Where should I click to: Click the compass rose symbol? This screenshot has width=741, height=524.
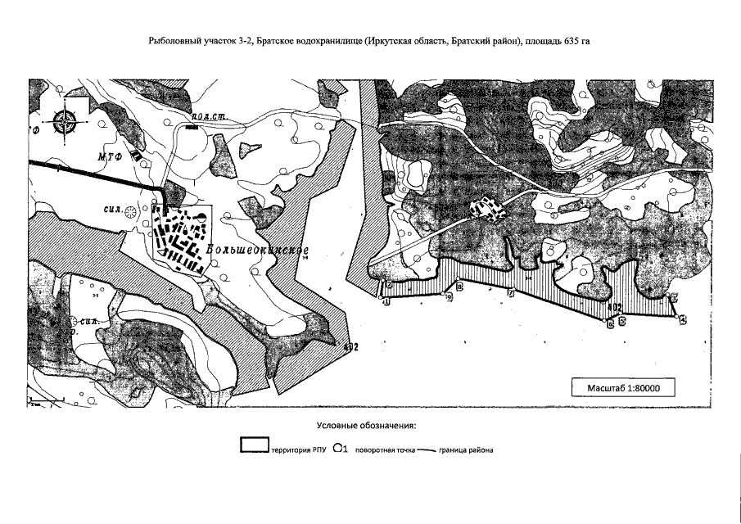(63, 123)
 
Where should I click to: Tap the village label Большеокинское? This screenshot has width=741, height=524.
(257, 249)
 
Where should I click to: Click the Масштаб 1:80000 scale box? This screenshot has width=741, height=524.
(625, 387)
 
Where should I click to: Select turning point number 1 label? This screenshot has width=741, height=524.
(386, 301)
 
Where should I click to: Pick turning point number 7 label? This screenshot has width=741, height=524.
(511, 292)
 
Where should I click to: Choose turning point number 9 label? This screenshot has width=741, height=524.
(450, 298)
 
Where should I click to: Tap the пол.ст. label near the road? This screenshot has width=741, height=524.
(206, 118)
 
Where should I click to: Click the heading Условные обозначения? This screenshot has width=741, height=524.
(366, 426)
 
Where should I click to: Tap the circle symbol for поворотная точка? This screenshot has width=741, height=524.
(338, 448)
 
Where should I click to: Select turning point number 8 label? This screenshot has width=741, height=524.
(459, 287)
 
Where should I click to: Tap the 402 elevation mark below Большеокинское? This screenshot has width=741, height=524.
(351, 347)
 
